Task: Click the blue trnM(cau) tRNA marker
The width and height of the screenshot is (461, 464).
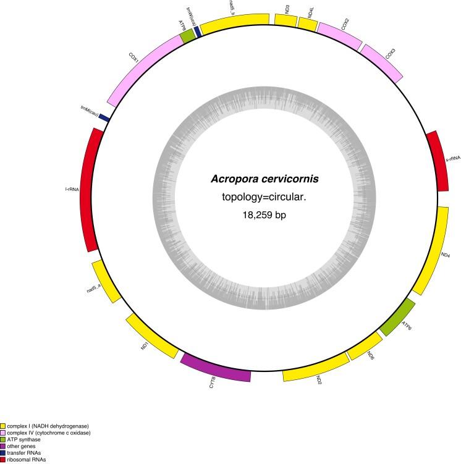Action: [x=104, y=117]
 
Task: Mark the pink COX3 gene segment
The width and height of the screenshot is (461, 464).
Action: [x=384, y=62]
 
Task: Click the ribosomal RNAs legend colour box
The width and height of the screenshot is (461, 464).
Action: [x=3, y=460]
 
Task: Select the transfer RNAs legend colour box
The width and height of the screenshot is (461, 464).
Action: [x=3, y=453]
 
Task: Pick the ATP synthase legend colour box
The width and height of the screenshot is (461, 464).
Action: [x=3, y=439]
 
